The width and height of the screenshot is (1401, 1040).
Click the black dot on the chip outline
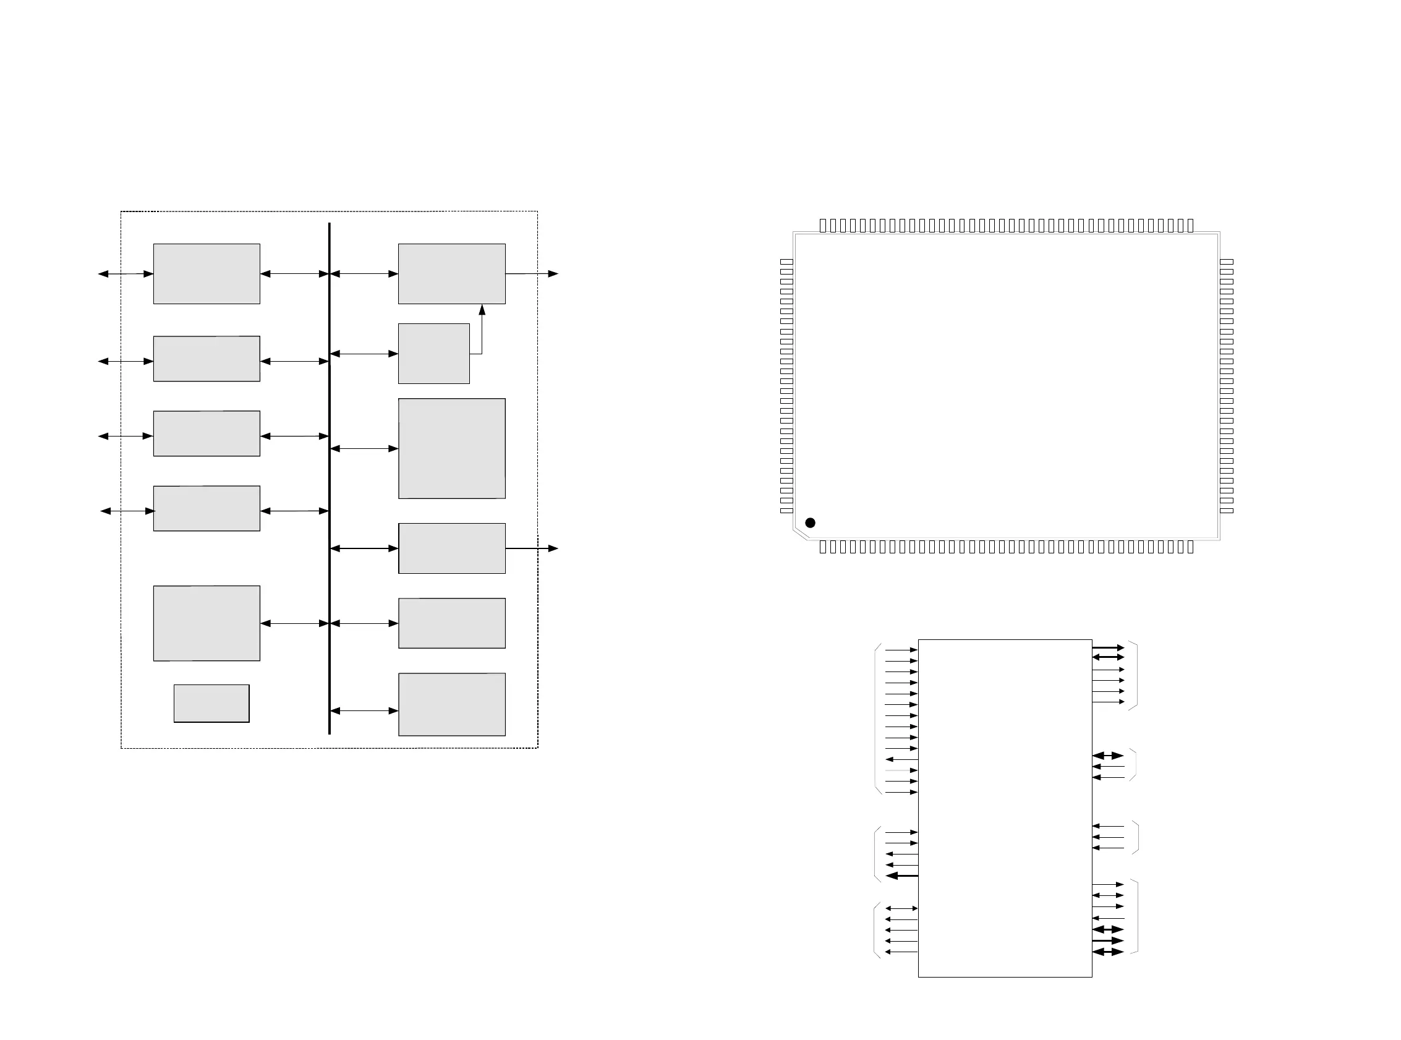(810, 522)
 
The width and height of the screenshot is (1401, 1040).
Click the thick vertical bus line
(329, 479)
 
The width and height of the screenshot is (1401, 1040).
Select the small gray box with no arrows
(211, 703)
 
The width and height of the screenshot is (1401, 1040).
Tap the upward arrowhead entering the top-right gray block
(482, 310)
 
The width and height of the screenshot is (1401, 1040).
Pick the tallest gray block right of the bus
(451, 448)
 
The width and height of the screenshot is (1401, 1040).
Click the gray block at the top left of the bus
(207, 274)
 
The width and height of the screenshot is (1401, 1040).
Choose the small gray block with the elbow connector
(433, 353)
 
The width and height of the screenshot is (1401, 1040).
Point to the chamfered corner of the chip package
(800, 534)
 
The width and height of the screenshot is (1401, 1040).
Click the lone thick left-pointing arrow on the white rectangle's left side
(901, 876)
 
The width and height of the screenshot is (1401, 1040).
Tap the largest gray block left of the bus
(207, 623)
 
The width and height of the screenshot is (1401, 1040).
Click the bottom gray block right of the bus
(451, 704)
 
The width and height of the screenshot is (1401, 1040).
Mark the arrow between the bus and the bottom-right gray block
(364, 711)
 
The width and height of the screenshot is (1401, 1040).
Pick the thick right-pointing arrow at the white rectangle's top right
(1108, 647)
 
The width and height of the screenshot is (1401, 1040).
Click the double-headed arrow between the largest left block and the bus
(294, 623)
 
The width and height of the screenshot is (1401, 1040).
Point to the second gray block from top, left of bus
(207, 358)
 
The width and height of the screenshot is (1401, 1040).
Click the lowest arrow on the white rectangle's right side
(1108, 952)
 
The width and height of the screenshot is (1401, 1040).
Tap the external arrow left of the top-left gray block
(126, 274)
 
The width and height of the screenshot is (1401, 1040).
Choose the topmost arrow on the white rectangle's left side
(901, 650)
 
